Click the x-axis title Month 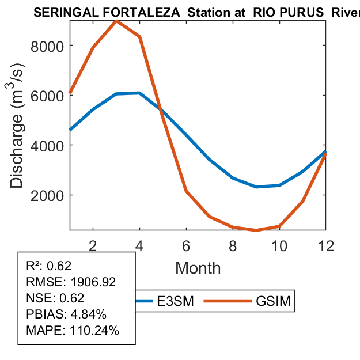coord(198,267)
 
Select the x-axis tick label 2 coord(93,245)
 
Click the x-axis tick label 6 coord(187,245)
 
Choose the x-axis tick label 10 coord(279,245)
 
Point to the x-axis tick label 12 coord(326,245)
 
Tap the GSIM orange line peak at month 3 coord(116,21)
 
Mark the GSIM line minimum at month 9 coord(256,230)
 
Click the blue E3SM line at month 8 coord(233,178)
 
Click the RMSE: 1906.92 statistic coord(71,282)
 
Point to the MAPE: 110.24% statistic coord(73,331)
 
